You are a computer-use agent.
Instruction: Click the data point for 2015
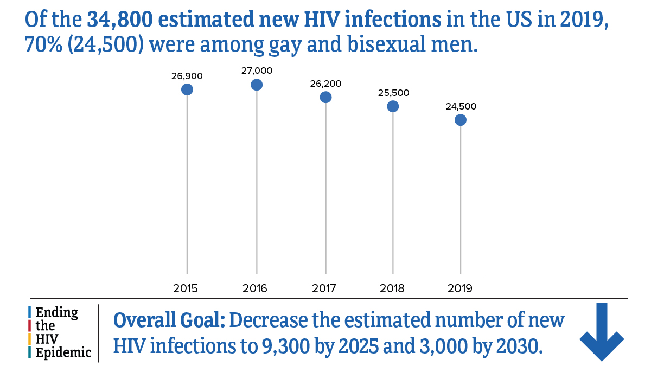(187, 89)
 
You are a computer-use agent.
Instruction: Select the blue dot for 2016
(257, 85)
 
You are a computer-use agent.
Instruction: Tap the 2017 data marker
(325, 97)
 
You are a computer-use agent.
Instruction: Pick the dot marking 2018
(393, 106)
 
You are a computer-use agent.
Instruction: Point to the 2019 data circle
(461, 120)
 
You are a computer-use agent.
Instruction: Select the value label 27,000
(257, 70)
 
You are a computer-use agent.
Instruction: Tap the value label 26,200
(325, 84)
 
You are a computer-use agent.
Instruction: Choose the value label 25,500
(393, 93)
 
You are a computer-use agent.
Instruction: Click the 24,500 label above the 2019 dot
(461, 107)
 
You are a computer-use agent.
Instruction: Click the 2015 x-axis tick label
(186, 288)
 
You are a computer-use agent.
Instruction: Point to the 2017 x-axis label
(324, 288)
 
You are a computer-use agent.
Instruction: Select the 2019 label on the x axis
(460, 288)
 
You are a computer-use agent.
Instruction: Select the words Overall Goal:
(169, 320)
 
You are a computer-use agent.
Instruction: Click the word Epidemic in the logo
(63, 352)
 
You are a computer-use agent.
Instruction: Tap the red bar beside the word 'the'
(29, 326)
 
